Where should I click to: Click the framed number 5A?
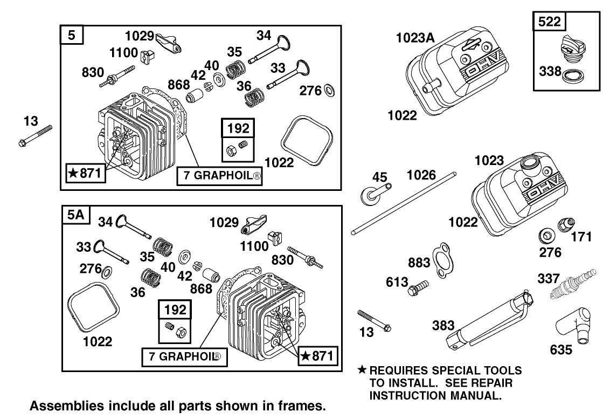[x=75, y=215]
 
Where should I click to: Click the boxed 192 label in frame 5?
[x=239, y=128]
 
